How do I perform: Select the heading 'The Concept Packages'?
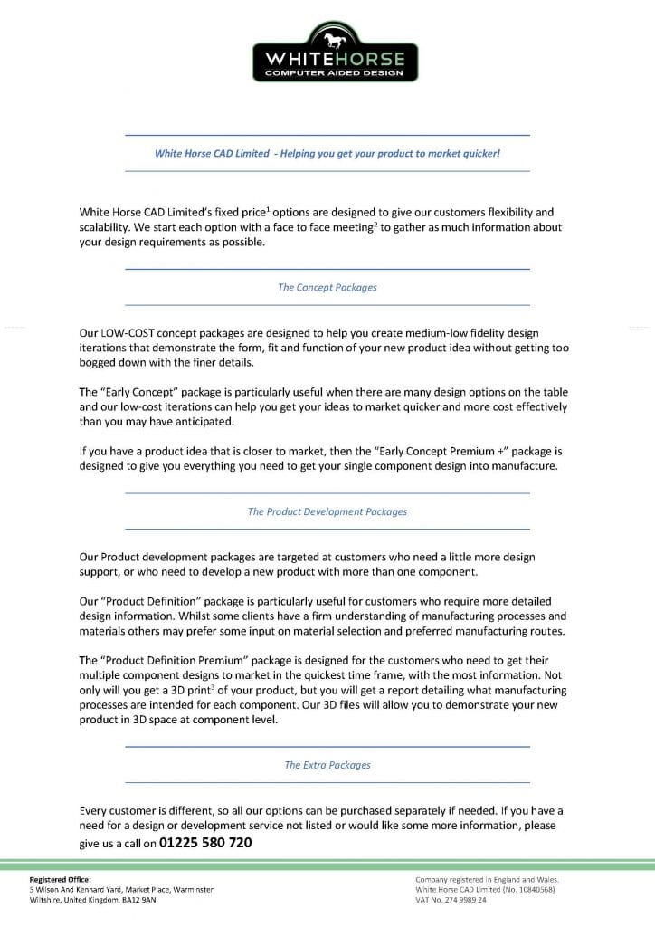pyautogui.click(x=327, y=288)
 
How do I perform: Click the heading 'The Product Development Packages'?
pyautogui.click(x=327, y=511)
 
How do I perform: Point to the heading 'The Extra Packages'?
pyautogui.click(x=327, y=765)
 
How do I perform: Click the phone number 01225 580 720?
pyautogui.click(x=205, y=843)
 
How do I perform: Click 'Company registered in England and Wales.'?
pyautogui.click(x=487, y=879)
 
